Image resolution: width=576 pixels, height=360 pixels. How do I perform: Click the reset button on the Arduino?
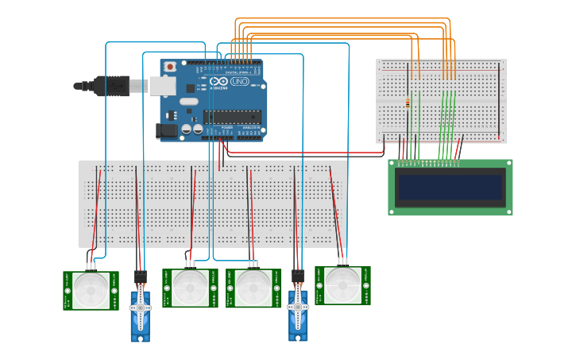[x=169, y=67]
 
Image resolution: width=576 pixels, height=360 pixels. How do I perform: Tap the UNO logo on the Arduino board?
[x=240, y=82]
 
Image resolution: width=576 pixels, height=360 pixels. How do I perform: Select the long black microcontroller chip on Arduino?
[x=232, y=116]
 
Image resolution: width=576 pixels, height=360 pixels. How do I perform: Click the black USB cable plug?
[x=111, y=85]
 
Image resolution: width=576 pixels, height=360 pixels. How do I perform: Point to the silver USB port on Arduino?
[x=162, y=86]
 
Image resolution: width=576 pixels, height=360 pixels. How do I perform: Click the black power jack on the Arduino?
[x=168, y=130]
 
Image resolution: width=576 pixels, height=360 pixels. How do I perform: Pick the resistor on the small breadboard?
[x=408, y=102]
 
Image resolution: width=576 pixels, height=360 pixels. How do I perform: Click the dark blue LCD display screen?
[x=450, y=188]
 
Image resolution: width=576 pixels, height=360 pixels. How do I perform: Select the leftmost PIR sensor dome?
[x=92, y=290]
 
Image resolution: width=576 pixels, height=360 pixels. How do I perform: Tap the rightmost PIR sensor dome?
[x=343, y=285]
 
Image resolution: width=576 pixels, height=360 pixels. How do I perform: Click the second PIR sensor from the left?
[x=191, y=288]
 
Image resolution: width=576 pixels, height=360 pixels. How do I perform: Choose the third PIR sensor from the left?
[x=253, y=288]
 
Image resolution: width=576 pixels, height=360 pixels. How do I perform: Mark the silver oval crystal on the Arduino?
[x=188, y=102]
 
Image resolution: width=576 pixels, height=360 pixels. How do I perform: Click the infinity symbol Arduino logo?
[x=219, y=82]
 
